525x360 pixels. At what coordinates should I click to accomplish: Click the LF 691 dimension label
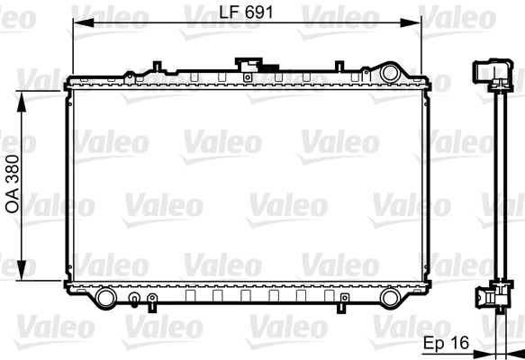tap(246, 13)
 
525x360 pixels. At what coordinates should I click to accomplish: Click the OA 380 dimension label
tap(13, 184)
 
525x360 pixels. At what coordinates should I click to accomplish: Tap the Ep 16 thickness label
tap(446, 343)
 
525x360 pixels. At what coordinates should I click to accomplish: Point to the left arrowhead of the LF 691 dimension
tap(84, 22)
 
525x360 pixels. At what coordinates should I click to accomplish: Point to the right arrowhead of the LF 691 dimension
tap(411, 22)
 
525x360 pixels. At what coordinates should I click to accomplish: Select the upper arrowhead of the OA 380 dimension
tap(22, 102)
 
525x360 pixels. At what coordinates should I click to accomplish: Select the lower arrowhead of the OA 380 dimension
tap(22, 270)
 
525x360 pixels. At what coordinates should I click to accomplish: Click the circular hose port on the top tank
tap(390, 73)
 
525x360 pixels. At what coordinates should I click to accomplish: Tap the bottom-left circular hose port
tap(105, 298)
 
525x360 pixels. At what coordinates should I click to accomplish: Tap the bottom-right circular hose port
tap(390, 298)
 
